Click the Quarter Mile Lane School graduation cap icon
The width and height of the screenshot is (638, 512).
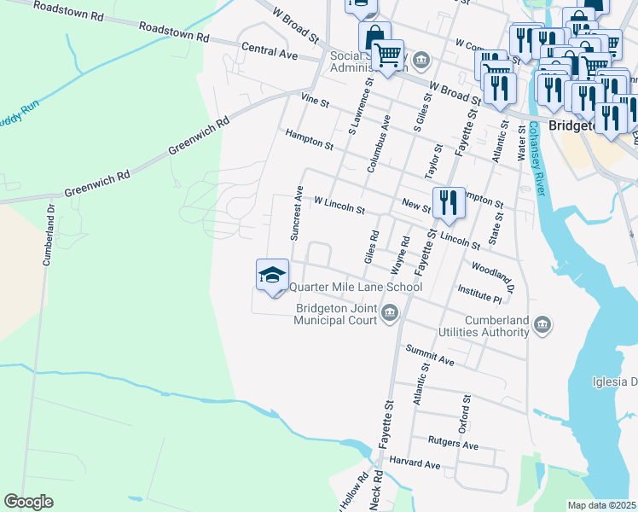click(272, 275)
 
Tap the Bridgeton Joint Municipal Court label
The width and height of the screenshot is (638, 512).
click(335, 315)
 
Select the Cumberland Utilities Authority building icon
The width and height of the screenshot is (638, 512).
click(543, 323)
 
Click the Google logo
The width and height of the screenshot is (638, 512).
click(29, 502)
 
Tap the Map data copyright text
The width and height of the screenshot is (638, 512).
click(602, 505)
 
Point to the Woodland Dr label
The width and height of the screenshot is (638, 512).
click(504, 277)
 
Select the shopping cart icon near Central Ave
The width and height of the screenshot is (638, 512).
click(388, 55)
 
